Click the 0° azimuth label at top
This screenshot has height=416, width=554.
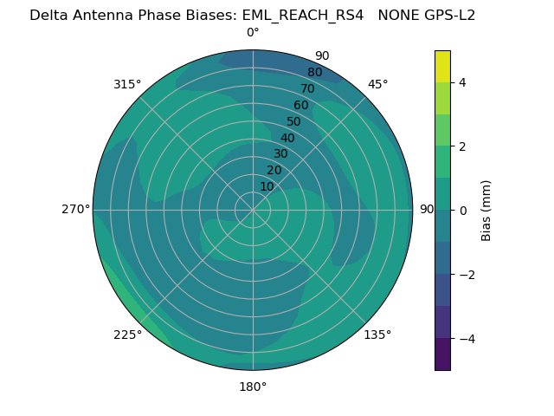(x=253, y=33)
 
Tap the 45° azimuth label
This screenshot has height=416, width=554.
(x=378, y=84)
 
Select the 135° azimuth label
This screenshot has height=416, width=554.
(x=377, y=335)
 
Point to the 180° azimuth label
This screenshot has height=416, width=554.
(x=253, y=387)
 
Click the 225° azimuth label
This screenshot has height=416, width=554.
(x=127, y=335)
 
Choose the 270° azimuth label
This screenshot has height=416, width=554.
(x=75, y=210)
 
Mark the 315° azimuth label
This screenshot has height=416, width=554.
(x=127, y=84)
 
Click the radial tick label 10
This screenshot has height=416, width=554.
(x=267, y=186)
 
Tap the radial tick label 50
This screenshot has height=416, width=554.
(x=294, y=121)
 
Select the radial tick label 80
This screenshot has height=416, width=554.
(x=315, y=73)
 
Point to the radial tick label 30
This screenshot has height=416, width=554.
(x=280, y=154)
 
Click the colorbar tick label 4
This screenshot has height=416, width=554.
(x=462, y=82)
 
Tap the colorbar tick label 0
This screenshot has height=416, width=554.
(x=462, y=211)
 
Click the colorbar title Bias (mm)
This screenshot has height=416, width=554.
(x=486, y=211)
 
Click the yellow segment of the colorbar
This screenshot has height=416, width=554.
(x=442, y=66)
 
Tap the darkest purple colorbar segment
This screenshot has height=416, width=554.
(x=442, y=354)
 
